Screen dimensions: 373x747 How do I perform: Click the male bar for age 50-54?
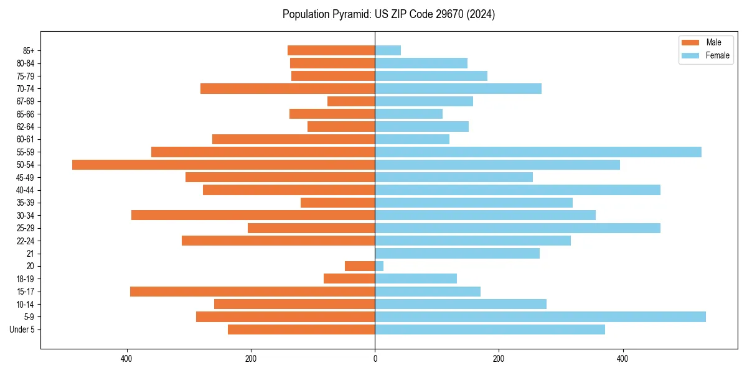click(x=223, y=165)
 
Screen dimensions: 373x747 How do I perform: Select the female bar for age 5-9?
click(x=540, y=317)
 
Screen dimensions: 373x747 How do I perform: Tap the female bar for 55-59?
click(x=538, y=152)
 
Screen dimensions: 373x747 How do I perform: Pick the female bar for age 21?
click(x=457, y=254)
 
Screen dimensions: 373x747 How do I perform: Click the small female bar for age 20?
click(x=379, y=266)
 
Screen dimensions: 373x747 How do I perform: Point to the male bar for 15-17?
click(x=252, y=292)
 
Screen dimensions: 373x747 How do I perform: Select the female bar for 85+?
click(x=388, y=50)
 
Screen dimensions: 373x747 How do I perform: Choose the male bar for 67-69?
click(x=351, y=101)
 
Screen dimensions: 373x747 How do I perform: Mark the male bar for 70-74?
click(x=288, y=89)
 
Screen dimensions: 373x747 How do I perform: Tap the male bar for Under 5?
click(x=301, y=329)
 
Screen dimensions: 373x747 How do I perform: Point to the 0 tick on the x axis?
click(x=375, y=359)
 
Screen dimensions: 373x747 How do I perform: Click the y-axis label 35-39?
click(x=26, y=203)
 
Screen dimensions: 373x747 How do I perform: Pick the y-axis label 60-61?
click(x=26, y=139)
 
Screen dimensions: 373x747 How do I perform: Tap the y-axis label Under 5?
click(x=22, y=329)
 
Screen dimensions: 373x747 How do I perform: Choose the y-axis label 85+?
click(x=29, y=50)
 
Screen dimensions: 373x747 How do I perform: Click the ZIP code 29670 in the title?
click(x=457, y=14)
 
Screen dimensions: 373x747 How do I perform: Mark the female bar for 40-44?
click(x=517, y=190)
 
